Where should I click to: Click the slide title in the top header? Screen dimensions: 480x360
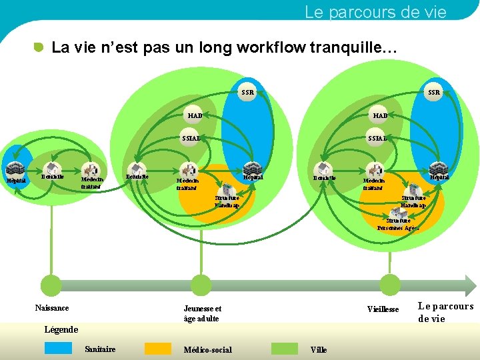(375, 11)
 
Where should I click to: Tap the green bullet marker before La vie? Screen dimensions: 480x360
(39, 47)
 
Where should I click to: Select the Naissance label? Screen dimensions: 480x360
(52, 307)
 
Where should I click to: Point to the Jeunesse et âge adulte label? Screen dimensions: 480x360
(203, 313)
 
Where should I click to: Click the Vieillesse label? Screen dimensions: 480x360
(383, 309)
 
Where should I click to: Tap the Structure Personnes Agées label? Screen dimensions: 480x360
(398, 224)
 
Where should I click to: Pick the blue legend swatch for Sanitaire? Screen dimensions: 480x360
(58, 348)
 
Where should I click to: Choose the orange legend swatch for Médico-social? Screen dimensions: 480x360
(158, 348)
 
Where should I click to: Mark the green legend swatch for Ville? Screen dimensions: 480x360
(285, 348)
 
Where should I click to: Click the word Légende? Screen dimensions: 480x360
(61, 329)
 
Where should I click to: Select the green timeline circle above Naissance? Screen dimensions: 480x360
(51, 285)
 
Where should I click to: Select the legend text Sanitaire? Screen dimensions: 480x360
(100, 349)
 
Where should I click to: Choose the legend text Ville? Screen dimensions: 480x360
(319, 350)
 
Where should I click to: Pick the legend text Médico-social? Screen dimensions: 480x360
(208, 350)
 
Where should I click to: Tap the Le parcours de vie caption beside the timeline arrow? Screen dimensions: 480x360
(445, 312)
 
